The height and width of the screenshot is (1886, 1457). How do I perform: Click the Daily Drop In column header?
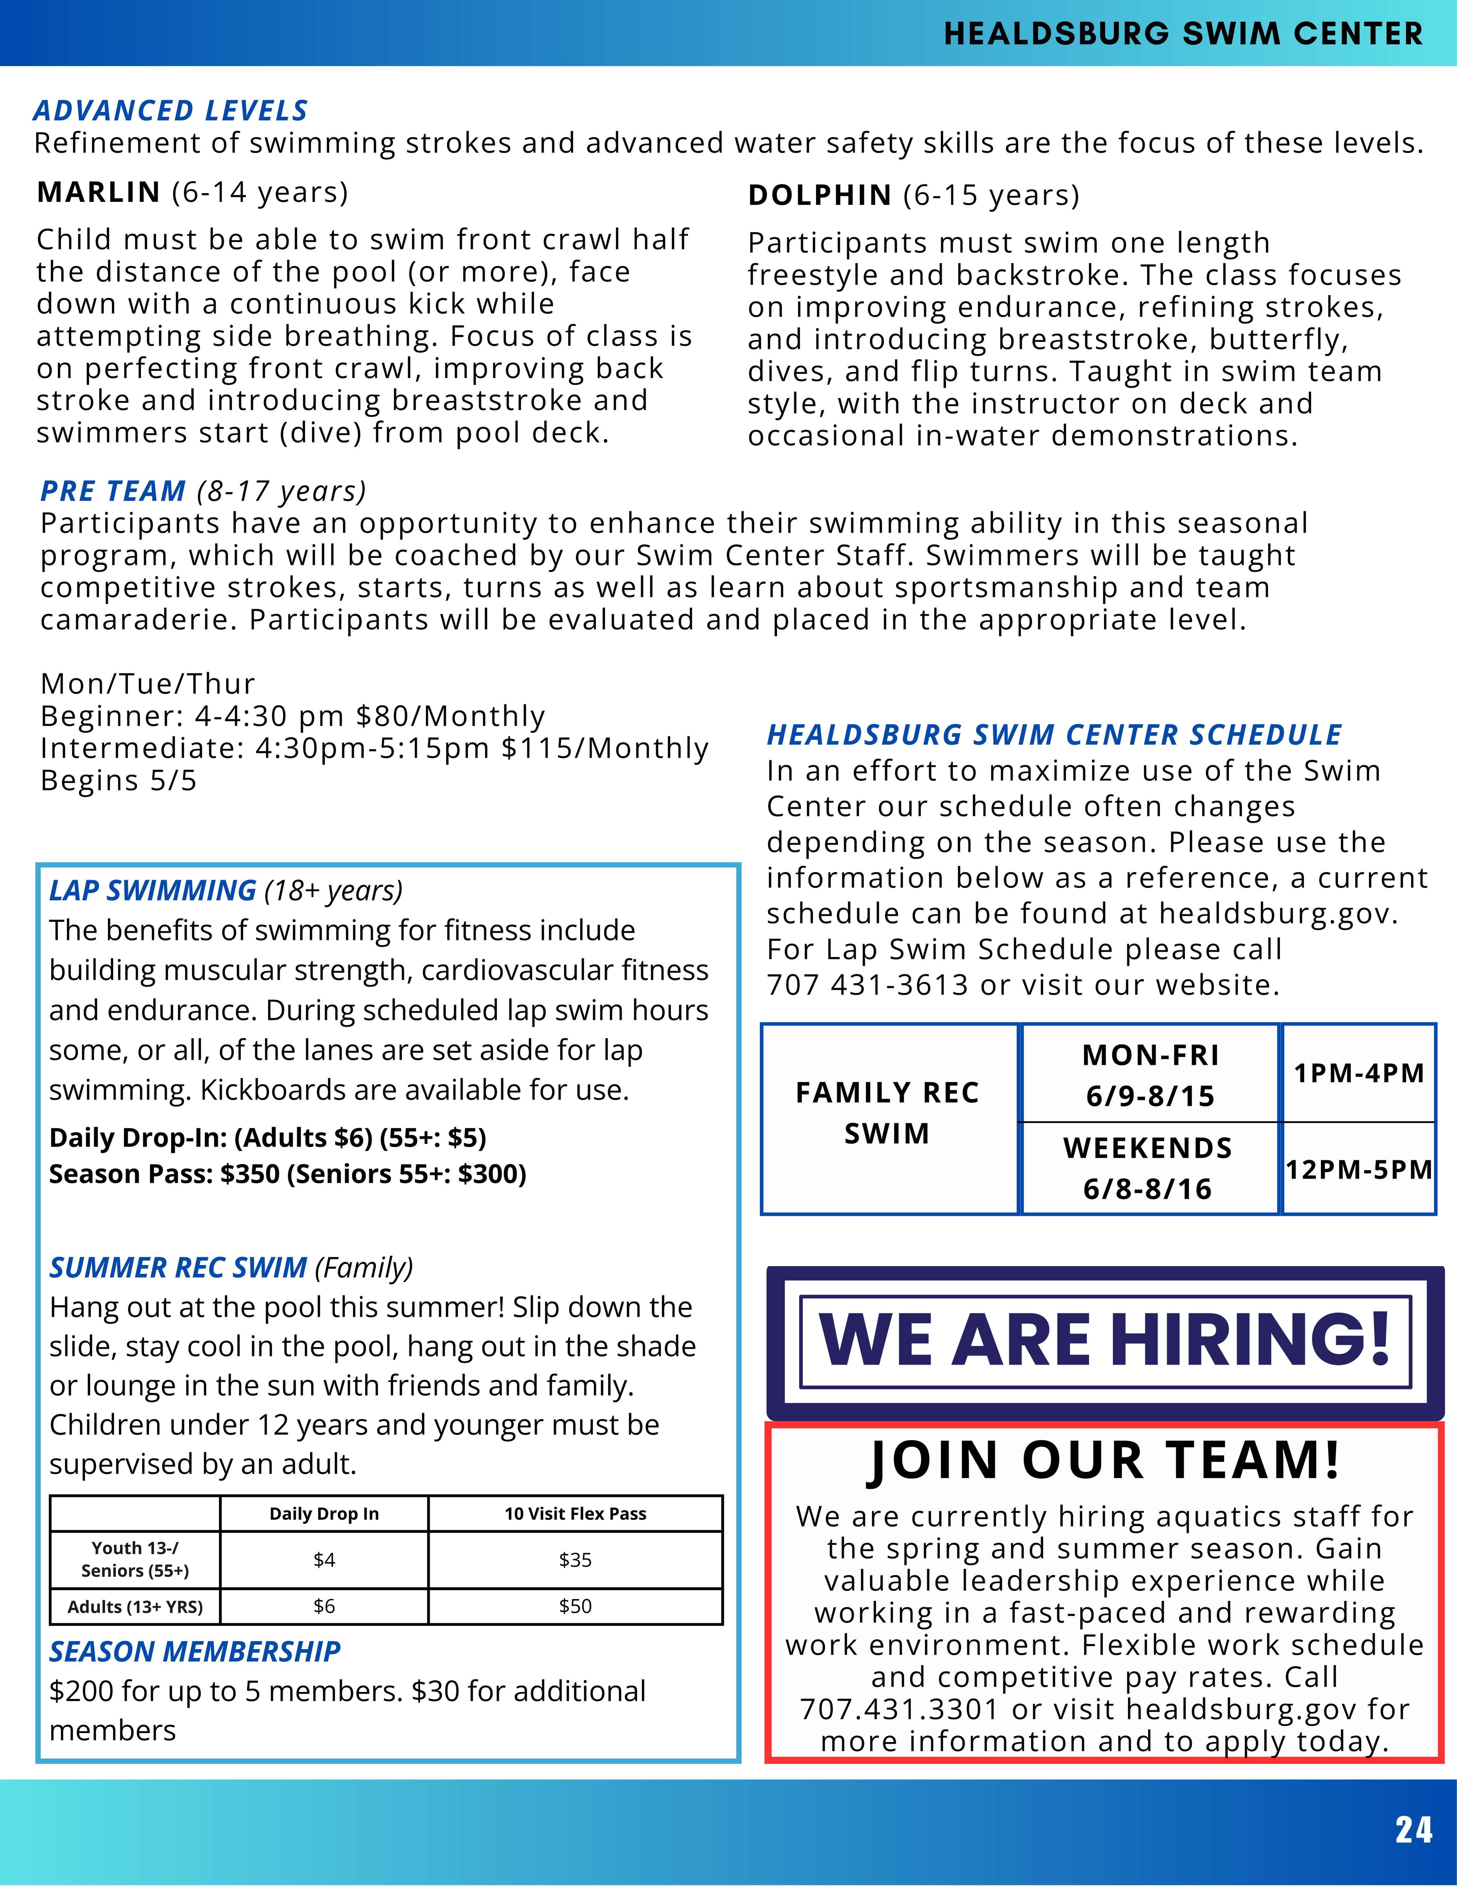324,1514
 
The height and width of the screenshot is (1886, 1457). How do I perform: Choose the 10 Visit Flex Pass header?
575,1514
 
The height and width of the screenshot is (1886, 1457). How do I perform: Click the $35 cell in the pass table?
575,1559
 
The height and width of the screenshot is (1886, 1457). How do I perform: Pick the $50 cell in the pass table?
575,1606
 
